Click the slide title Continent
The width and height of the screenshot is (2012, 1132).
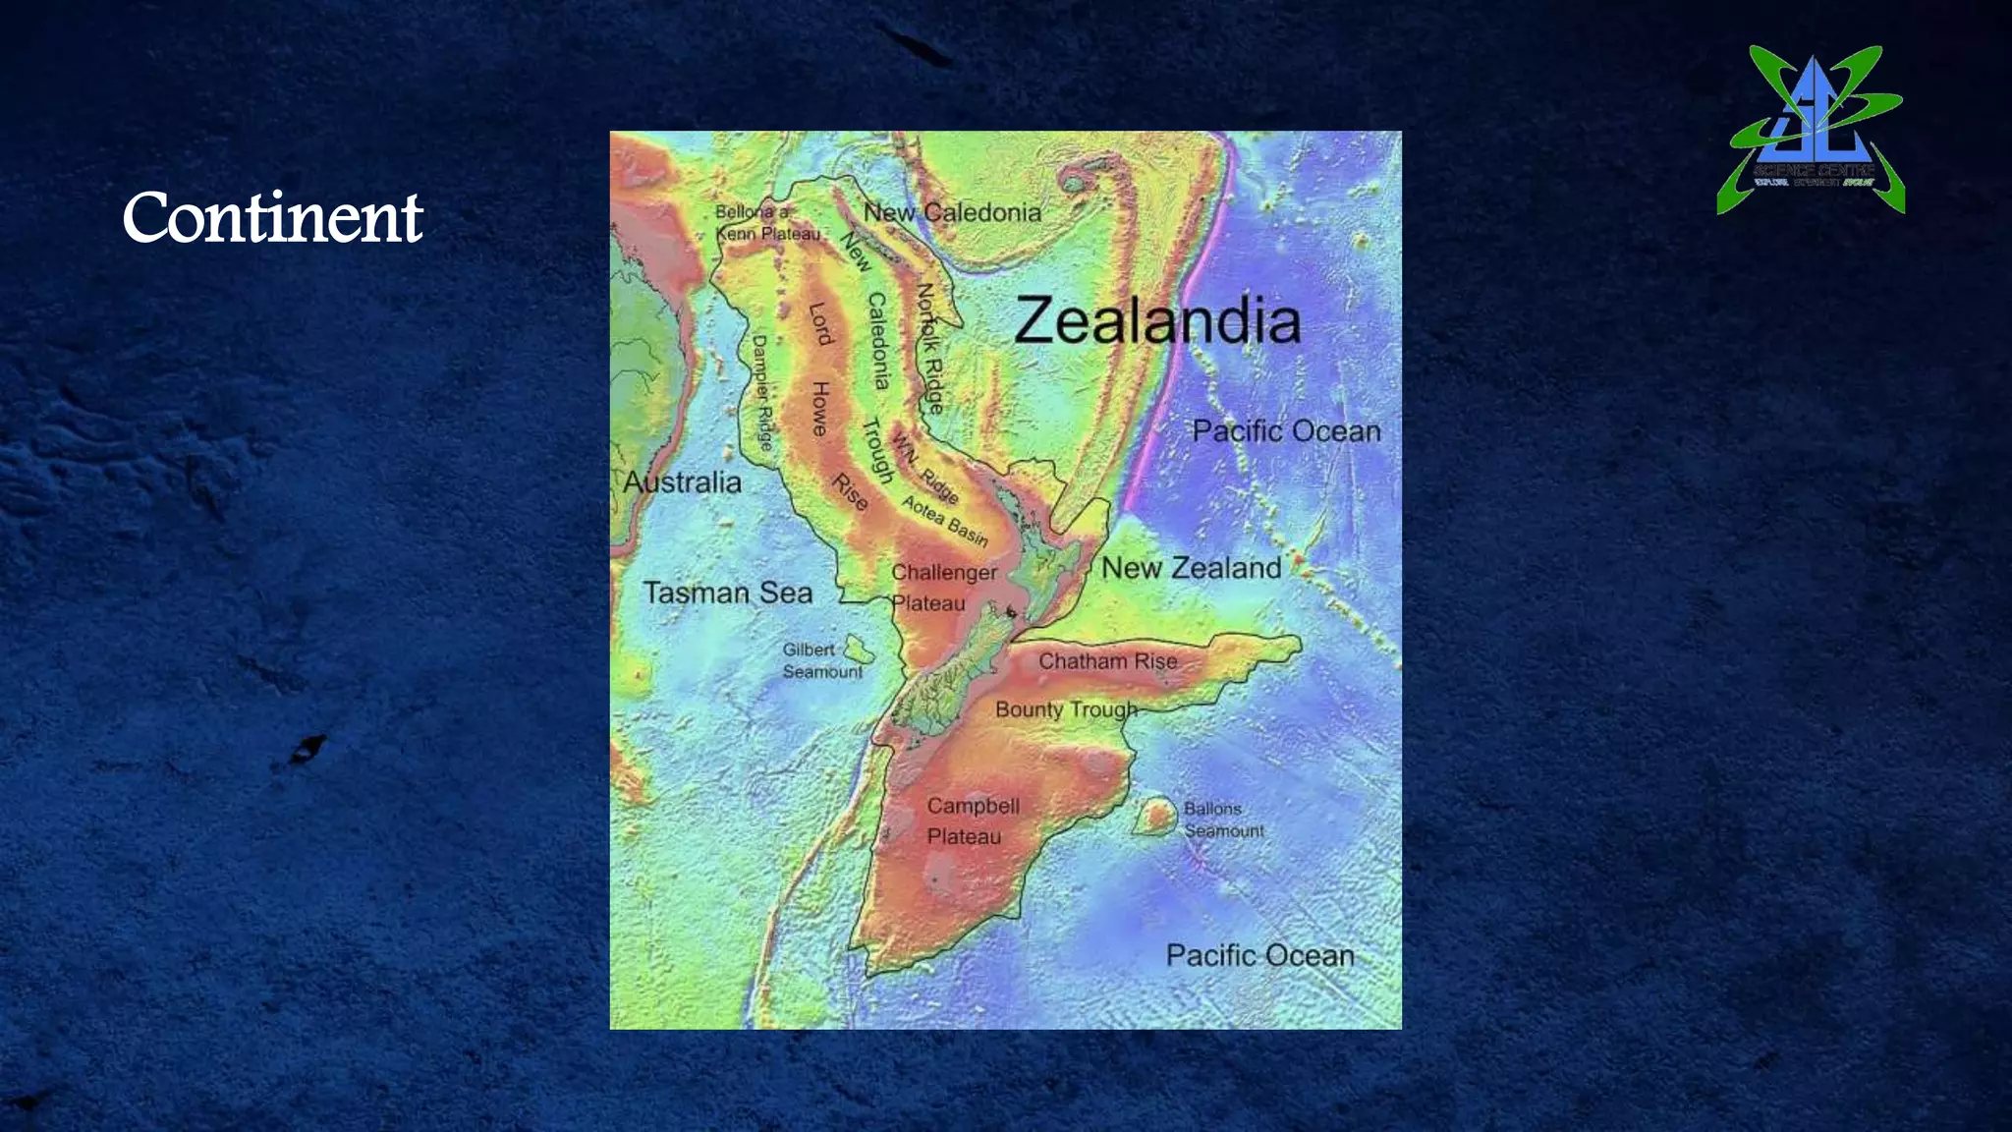(x=272, y=217)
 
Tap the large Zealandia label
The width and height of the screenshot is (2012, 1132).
(x=1157, y=320)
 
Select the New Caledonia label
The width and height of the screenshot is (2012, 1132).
(x=952, y=212)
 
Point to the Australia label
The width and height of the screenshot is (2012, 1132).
(x=682, y=482)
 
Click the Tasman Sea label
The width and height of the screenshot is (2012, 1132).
(x=728, y=593)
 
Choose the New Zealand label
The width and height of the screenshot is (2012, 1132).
(x=1191, y=568)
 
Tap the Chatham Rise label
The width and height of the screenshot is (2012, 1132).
(x=1107, y=661)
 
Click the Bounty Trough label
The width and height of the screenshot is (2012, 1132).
(x=1066, y=709)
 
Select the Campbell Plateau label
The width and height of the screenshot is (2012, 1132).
(x=972, y=821)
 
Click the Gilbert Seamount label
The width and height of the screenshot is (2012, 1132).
(x=821, y=660)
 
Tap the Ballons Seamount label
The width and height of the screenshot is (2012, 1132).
(x=1222, y=820)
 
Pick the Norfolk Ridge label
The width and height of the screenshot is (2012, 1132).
(x=929, y=348)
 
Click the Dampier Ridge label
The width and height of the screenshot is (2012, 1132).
(x=762, y=392)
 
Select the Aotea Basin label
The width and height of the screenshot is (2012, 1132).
(x=945, y=521)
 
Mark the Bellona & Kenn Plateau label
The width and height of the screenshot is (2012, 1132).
(x=766, y=223)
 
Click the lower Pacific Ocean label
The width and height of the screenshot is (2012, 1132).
(x=1259, y=955)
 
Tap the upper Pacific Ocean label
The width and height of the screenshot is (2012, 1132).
(x=1286, y=431)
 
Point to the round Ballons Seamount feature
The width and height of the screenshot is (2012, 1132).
(x=1157, y=816)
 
